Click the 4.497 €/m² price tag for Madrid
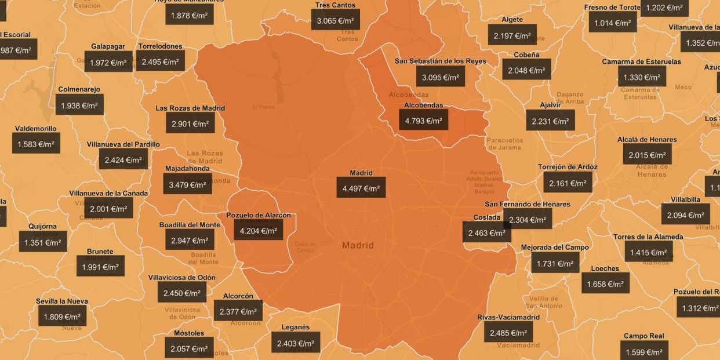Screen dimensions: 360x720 pos(361,188)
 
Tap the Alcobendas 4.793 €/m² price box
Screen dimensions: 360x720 pos(423,121)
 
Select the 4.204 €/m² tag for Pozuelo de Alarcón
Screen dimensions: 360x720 pos(259,230)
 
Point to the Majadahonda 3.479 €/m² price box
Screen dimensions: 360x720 pos(187,184)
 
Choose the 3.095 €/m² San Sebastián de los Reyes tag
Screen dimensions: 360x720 pos(440,77)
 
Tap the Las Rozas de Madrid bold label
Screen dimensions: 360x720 pos(190,108)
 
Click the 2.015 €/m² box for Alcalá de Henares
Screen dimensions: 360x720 pos(647,155)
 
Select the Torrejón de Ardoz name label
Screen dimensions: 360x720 pos(568,167)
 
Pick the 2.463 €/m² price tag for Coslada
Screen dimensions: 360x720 pos(486,232)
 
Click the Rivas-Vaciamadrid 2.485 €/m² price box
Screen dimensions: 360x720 pos(508,333)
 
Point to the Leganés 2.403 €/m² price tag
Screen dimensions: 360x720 pos(296,343)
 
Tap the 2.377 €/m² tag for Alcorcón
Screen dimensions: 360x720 pos(238,311)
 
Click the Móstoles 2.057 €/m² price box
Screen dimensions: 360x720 pos(189,348)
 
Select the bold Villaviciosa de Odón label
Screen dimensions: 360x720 pos(182,278)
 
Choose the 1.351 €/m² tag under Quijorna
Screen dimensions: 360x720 pos(43,242)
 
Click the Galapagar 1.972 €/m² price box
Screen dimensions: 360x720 pos(108,62)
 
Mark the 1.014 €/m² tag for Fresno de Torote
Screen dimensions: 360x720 pos(612,23)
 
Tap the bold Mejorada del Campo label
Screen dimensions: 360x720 pos(555,248)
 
